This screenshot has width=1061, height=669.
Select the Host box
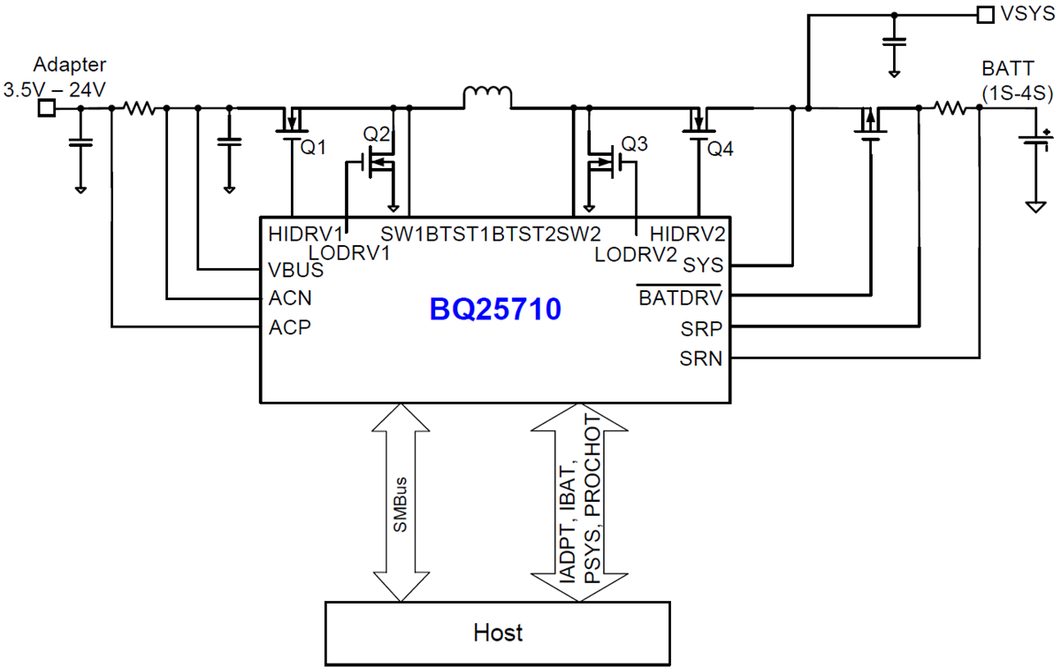point(497,632)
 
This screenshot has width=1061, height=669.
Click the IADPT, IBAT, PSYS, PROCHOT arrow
point(579,503)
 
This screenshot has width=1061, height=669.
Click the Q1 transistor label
point(313,149)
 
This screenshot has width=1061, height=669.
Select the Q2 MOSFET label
point(377,134)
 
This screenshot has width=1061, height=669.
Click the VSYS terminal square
point(984,14)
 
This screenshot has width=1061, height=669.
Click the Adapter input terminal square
point(47,108)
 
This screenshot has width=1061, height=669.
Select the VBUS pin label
point(296,270)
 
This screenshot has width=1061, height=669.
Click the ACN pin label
point(290,298)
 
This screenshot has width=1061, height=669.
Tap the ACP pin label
point(290,327)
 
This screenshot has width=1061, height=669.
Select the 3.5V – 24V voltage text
point(55,89)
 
